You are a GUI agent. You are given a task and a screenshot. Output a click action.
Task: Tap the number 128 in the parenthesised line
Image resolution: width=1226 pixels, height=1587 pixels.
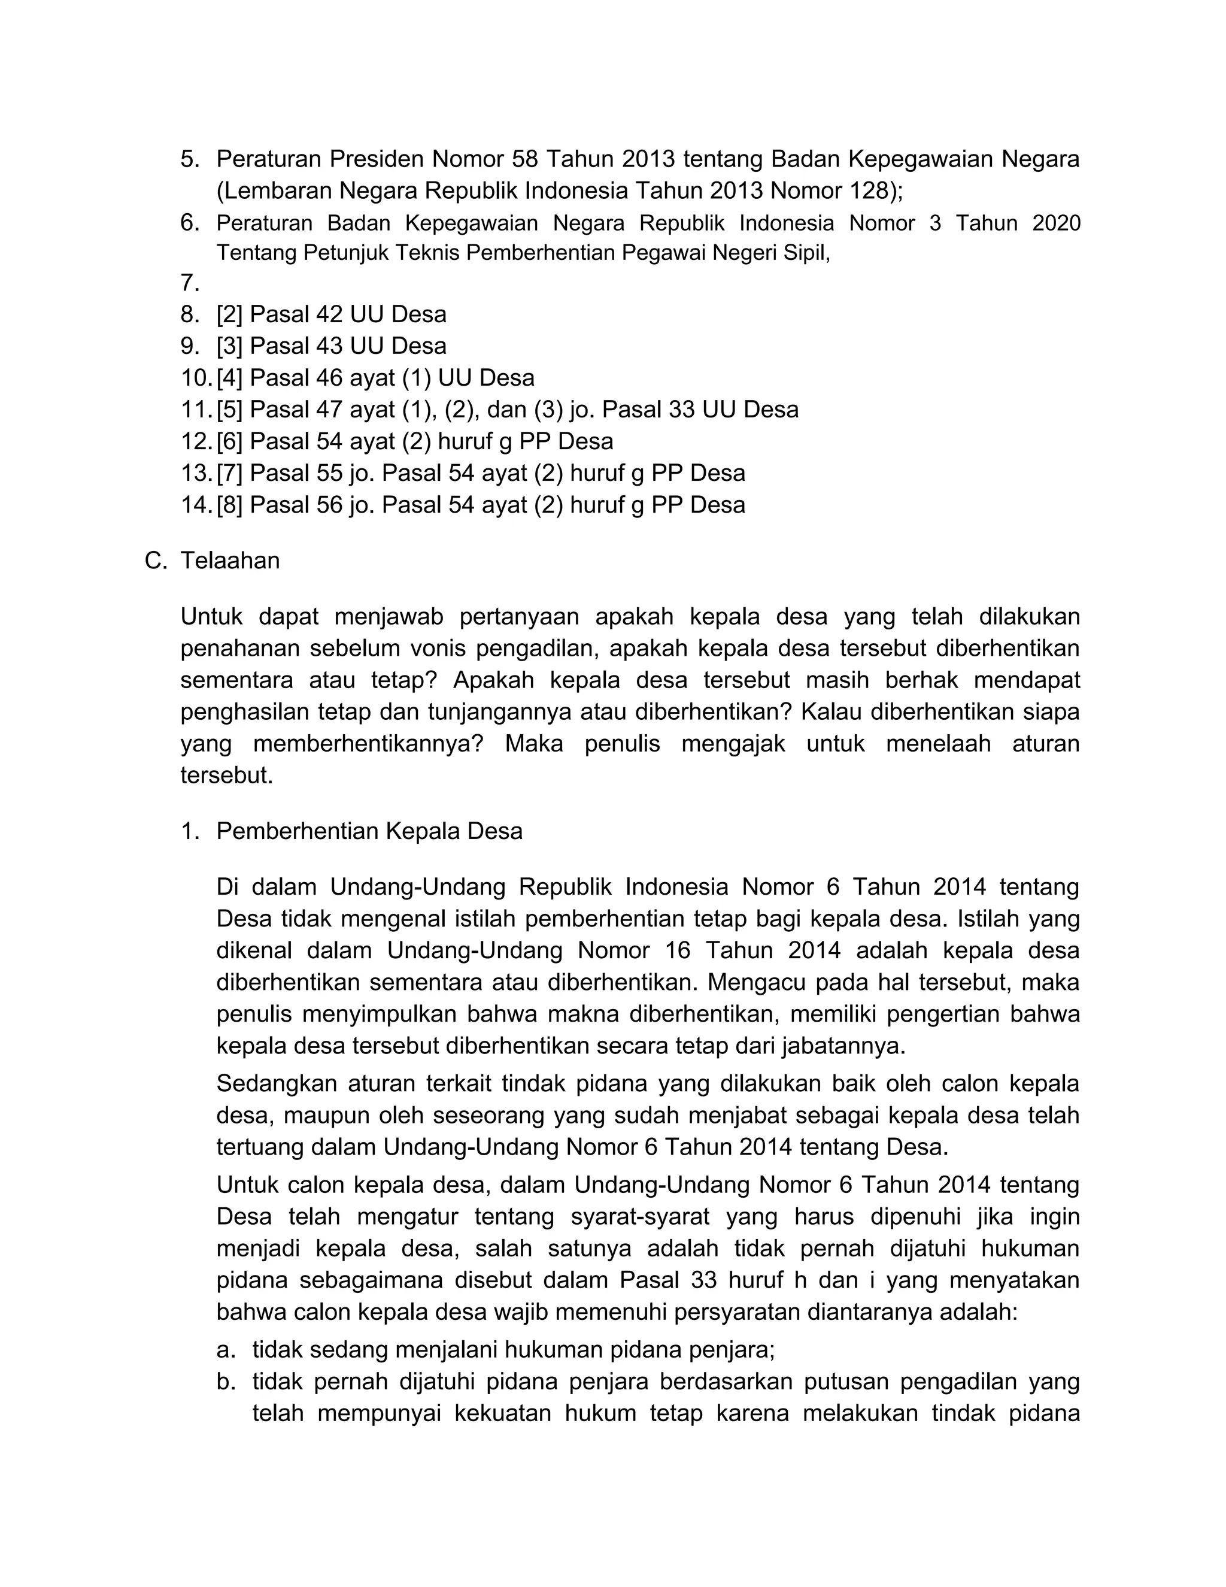[x=869, y=190]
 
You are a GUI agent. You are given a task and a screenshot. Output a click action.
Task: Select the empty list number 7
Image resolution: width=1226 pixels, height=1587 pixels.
[x=190, y=283]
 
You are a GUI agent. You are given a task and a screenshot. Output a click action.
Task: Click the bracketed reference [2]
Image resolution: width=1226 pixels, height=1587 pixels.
[x=229, y=314]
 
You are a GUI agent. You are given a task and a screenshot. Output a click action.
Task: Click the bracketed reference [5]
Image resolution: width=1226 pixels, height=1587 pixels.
[x=229, y=410]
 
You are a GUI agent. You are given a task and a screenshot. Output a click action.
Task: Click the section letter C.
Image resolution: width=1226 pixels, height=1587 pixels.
[x=156, y=561]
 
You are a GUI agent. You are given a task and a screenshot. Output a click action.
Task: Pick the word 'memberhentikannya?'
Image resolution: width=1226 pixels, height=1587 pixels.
[x=368, y=744]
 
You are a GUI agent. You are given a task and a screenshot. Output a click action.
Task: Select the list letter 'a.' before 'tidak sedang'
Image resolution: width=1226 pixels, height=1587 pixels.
[x=226, y=1350]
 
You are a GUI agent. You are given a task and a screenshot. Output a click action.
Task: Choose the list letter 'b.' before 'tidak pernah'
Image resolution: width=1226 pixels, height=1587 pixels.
[x=226, y=1382]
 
